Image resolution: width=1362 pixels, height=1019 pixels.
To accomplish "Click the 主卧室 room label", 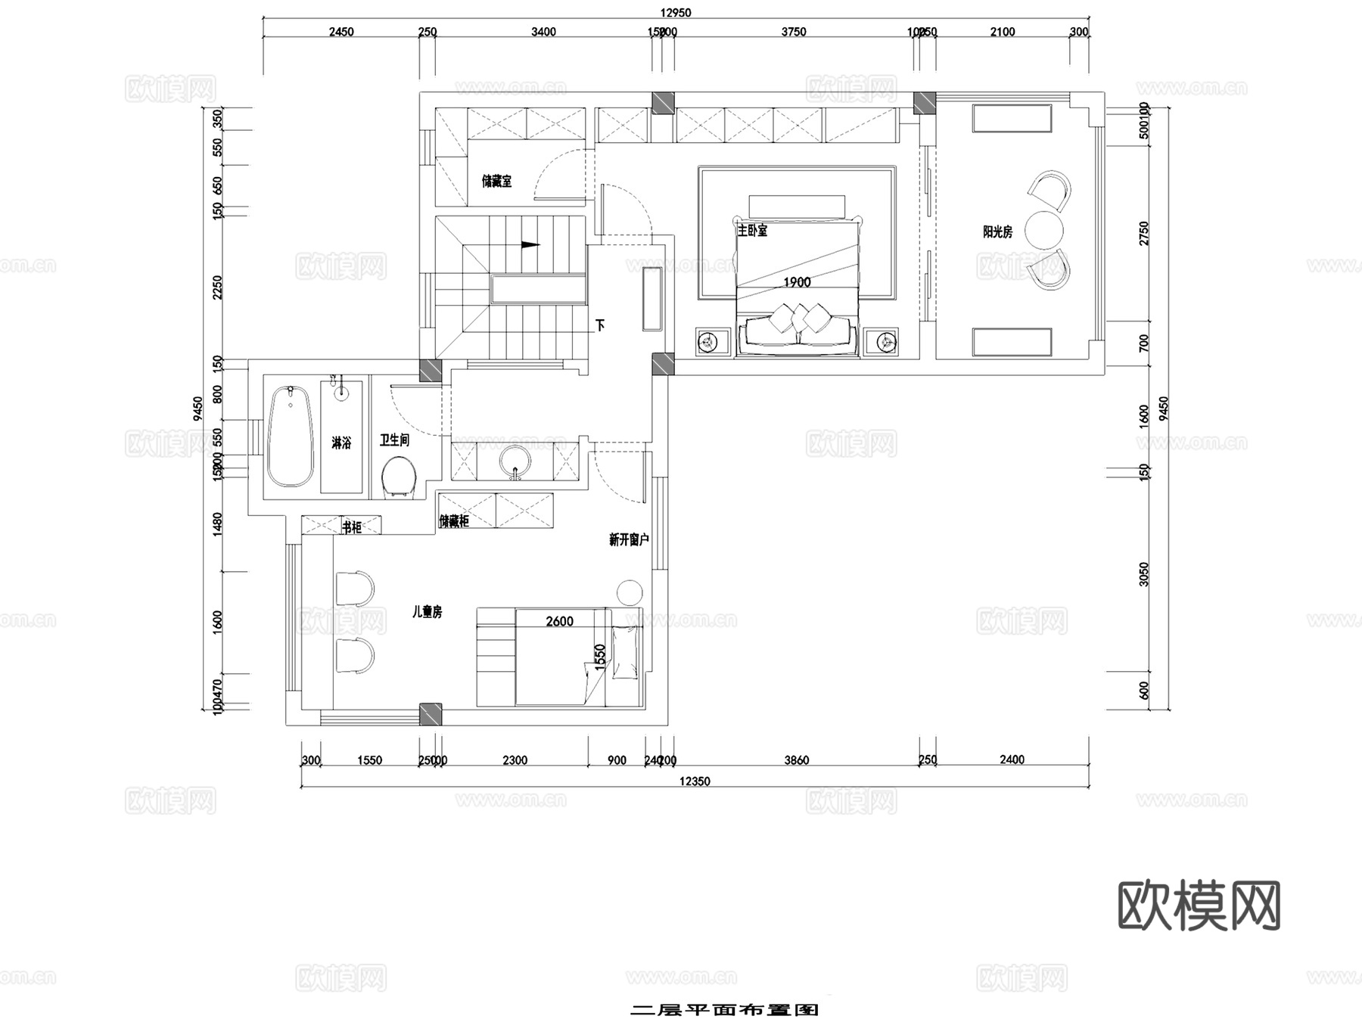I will tap(752, 230).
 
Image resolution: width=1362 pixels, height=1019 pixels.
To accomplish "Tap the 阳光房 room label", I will tap(997, 232).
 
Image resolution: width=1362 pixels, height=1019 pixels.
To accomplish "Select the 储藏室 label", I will tap(496, 182).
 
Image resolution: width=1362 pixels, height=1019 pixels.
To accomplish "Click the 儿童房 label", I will tap(427, 612).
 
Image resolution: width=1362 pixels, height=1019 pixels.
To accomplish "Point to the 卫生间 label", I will tap(394, 440).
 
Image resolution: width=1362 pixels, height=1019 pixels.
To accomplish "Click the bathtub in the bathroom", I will tap(291, 437).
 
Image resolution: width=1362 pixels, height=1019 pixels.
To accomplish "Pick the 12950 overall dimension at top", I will tap(675, 12).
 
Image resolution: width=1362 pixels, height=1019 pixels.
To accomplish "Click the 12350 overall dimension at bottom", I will tap(694, 781).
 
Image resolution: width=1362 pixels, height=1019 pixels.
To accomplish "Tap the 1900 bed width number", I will tap(797, 282).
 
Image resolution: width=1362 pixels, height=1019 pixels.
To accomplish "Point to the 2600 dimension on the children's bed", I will tap(559, 621).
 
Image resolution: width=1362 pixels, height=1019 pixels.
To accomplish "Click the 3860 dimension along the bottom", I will tap(796, 760).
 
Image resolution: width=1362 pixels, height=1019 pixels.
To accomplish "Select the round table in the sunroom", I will tap(1044, 229).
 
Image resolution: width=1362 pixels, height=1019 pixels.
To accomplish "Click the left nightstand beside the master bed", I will tap(707, 343).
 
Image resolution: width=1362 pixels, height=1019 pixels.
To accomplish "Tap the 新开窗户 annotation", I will tap(629, 539).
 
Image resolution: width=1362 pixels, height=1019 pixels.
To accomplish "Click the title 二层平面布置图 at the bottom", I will tap(724, 1010).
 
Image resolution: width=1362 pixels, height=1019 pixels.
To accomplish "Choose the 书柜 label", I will tap(352, 527).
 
